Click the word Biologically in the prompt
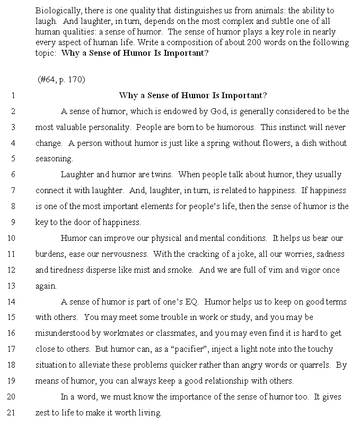pos(56,11)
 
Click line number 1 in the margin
pos(12,96)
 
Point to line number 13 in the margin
pos(12,286)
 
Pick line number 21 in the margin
pos(12,413)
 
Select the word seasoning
pos(54,159)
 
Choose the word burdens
pos(50,254)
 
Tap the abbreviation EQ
pos(191,302)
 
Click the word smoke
pos(181,270)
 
